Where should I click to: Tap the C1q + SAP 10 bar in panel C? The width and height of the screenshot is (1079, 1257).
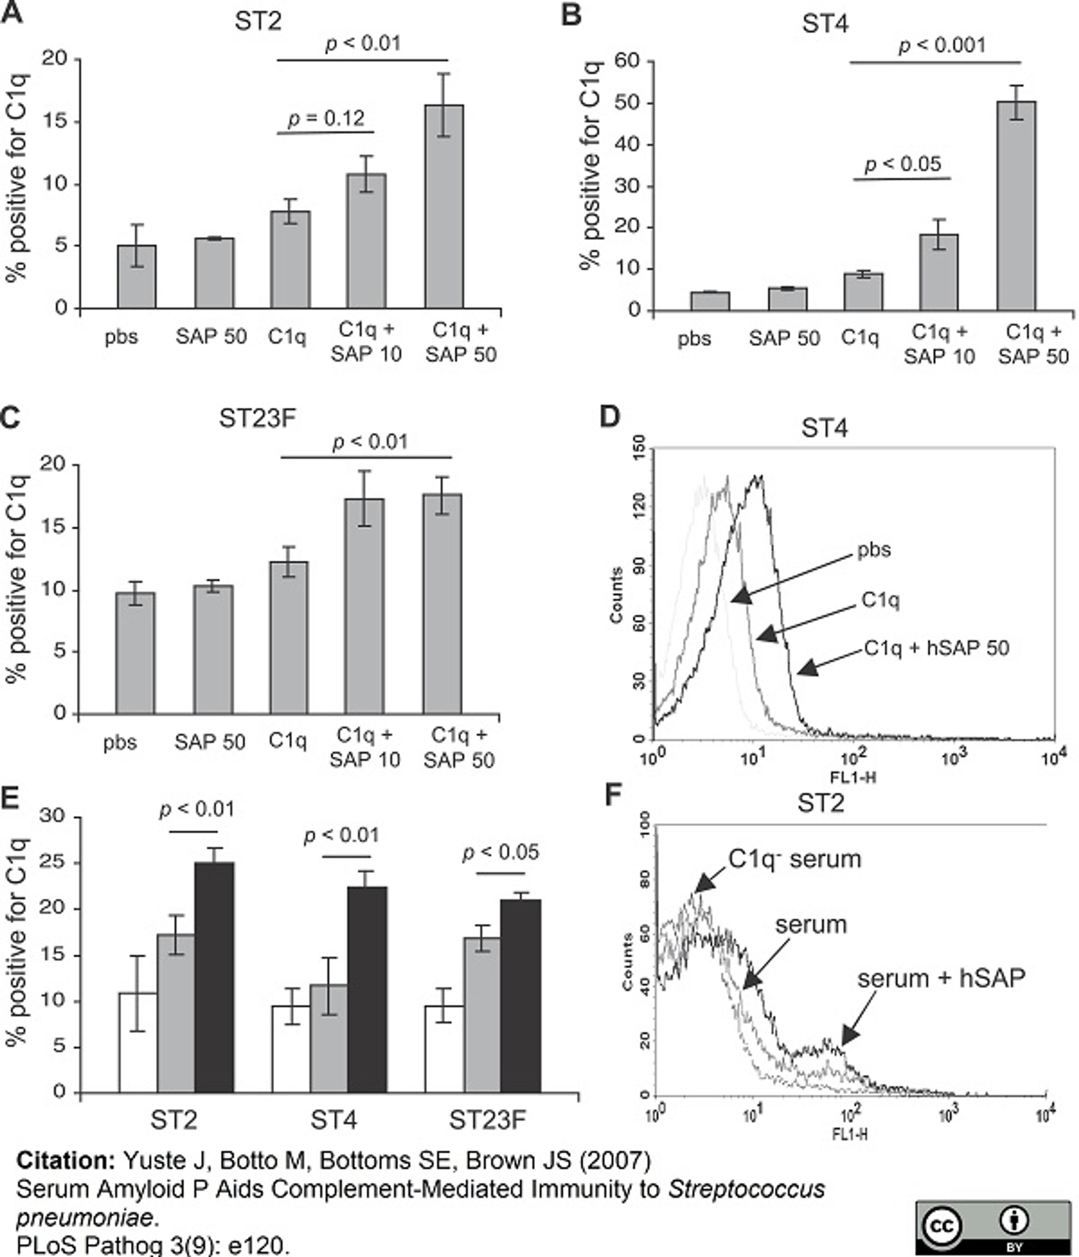pyautogui.click(x=364, y=607)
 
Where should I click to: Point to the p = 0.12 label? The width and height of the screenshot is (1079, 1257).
pyautogui.click(x=327, y=118)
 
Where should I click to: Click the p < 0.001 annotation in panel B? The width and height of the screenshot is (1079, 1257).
pyautogui.click(x=942, y=46)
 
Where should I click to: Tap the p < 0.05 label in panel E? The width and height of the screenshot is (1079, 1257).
pyautogui.click(x=501, y=852)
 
